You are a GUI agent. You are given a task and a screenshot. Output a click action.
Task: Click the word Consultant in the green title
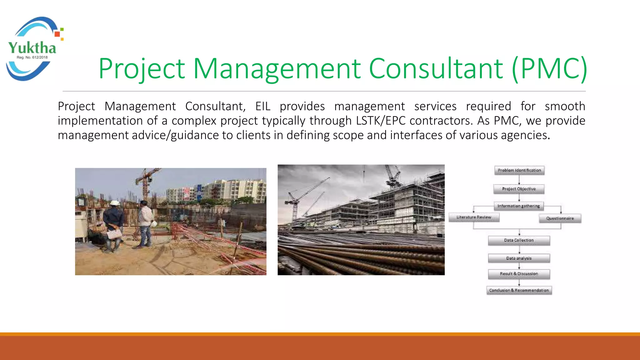[436, 68]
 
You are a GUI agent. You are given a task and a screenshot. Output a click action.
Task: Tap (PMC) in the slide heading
[550, 68]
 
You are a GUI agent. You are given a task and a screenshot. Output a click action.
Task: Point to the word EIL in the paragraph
[263, 107]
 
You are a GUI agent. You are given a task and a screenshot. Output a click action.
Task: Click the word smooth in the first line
[565, 107]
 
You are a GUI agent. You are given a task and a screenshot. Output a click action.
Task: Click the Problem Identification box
[519, 170]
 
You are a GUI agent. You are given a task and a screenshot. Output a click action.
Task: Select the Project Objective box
[519, 189]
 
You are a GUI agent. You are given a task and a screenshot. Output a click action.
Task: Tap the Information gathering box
[519, 206]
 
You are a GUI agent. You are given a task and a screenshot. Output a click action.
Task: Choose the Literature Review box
[474, 217]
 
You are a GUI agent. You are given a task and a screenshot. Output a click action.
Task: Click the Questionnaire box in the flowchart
[560, 218]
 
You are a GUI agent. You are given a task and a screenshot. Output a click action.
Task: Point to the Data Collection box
[519, 240]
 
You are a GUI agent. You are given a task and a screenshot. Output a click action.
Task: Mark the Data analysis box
[519, 258]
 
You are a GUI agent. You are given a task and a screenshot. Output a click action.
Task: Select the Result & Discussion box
[519, 274]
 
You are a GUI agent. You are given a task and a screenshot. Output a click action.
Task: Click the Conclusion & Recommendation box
[519, 290]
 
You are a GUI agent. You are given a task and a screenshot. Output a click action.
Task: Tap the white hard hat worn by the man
[115, 203]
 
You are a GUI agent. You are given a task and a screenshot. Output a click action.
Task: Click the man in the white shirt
[145, 223]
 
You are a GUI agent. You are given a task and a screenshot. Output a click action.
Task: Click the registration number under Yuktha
[32, 57]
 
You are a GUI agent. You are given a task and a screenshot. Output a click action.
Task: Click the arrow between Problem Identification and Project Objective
[519, 180]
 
